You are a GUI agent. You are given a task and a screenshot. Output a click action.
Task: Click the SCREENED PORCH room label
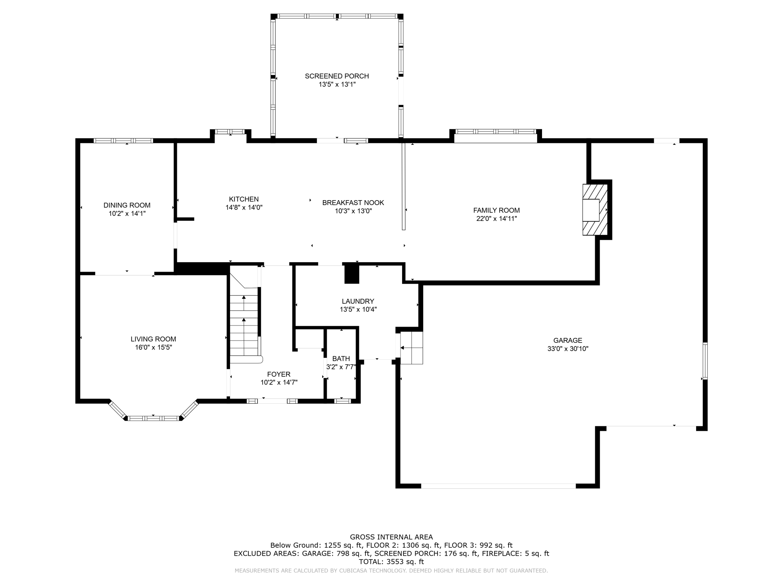point(337,76)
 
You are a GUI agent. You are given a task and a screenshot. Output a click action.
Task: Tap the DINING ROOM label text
point(127,205)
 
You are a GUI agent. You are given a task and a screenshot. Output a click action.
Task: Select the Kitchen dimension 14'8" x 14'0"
point(244,207)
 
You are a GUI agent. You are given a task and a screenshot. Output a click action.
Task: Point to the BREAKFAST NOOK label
point(353,203)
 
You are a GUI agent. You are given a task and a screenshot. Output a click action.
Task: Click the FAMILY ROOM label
point(497,210)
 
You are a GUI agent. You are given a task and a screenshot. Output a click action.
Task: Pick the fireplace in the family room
point(595,210)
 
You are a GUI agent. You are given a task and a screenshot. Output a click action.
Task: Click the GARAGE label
point(568,341)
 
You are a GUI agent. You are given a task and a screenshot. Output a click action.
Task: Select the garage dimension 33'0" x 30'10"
point(568,349)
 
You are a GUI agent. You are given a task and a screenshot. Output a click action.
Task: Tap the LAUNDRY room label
point(358,301)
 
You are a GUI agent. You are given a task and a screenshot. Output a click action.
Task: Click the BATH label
point(341,359)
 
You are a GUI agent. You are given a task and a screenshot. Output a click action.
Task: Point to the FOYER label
point(279,374)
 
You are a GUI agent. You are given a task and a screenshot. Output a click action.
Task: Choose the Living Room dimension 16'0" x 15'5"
point(154,347)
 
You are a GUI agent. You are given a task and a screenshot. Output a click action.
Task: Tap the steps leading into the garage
point(411,348)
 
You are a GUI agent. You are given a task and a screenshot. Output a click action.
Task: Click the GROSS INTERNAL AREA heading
point(391,537)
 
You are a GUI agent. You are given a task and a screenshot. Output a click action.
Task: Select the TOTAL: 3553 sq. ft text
point(391,562)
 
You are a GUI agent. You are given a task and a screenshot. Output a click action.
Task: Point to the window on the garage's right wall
point(705,361)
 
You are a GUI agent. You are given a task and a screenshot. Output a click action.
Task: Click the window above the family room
point(495,132)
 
